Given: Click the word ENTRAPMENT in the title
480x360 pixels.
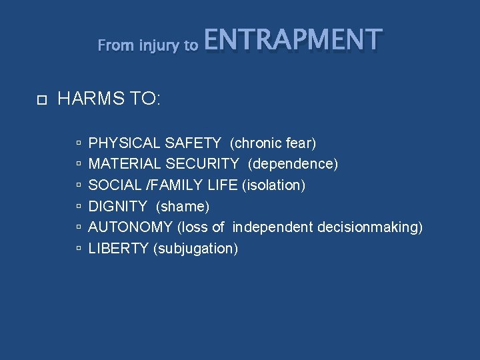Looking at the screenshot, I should pos(293,40).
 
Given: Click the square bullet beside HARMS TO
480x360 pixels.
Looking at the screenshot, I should pos(41,101).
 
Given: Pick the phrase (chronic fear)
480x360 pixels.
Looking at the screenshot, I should pos(273,143).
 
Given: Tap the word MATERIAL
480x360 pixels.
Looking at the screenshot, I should pos(124,164).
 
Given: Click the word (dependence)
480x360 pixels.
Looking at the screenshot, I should pos(293,164).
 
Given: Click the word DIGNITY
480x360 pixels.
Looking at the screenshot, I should pos(117,206).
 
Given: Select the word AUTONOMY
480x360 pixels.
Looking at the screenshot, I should pos(131,227).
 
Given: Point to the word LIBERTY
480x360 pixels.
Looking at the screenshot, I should pos(118,249).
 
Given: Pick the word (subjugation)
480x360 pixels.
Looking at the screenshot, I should pos(195,249).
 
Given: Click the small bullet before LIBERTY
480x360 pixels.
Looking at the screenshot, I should pos(79,249).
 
